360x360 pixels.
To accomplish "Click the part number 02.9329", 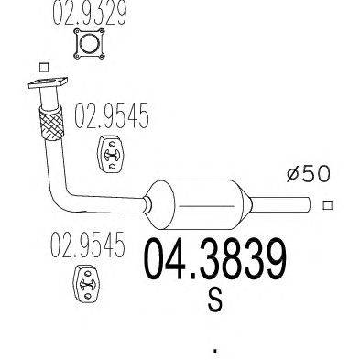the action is coord(90,12).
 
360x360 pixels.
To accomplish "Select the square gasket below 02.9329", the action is coord(89,44).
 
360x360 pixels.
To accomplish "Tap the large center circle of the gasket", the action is coord(89,44).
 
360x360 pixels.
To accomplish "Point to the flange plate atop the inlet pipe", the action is coord(48,82).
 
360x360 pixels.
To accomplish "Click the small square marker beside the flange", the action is coord(44,67).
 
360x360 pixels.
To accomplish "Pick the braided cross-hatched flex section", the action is coord(51,123).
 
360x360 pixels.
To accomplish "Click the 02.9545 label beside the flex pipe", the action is coord(112,115).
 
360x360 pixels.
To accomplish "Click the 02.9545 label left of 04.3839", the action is coord(88,245).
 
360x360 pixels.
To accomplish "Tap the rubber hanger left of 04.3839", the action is coord(87,284).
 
